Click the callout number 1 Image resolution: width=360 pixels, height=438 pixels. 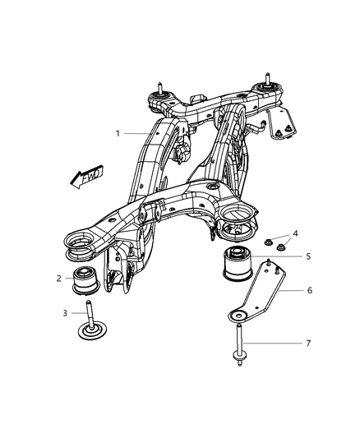coord(118,133)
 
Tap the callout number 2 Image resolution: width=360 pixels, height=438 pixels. coord(60,279)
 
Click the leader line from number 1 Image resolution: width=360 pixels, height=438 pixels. coord(140,133)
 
